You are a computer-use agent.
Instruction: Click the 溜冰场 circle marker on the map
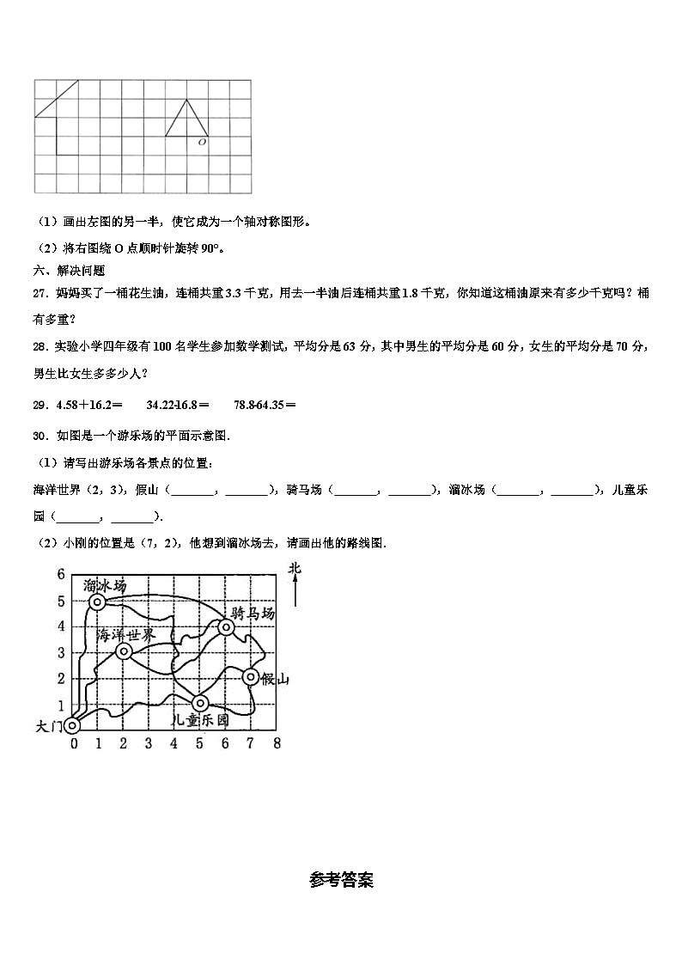click(x=98, y=602)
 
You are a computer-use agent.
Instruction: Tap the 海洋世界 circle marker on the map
click(x=123, y=651)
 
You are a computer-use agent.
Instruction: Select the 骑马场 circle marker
click(x=226, y=627)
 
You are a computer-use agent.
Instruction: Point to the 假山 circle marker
click(x=251, y=677)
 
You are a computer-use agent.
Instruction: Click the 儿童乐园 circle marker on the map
click(x=200, y=703)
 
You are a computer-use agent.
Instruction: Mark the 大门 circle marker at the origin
click(x=72, y=727)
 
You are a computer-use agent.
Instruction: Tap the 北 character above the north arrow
click(x=295, y=568)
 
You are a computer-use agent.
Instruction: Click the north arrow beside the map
click(x=295, y=591)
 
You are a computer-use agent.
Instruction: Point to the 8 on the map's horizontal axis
click(x=277, y=743)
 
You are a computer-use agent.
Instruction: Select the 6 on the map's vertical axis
click(x=61, y=575)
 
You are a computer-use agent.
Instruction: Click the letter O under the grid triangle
click(x=202, y=143)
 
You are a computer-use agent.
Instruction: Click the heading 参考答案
click(x=341, y=880)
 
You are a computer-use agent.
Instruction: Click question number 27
click(x=40, y=293)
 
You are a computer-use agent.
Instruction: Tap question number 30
click(x=40, y=436)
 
